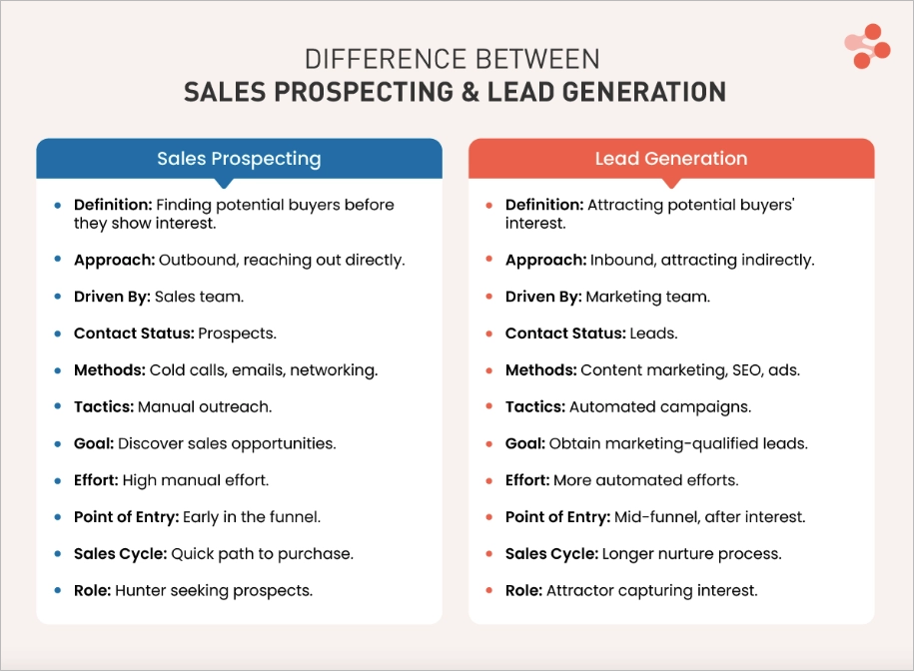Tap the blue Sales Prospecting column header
pos(239,159)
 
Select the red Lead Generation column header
pos(671,159)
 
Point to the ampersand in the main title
pos(468,93)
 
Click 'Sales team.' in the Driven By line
pos(199,297)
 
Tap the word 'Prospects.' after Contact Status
pos(238,334)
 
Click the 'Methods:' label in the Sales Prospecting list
pos(109,370)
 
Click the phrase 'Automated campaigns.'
pos(660,406)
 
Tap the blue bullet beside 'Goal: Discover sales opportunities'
pos(58,443)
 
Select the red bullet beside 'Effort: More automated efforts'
pos(488,480)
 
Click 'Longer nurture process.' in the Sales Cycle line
pos(690,553)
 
